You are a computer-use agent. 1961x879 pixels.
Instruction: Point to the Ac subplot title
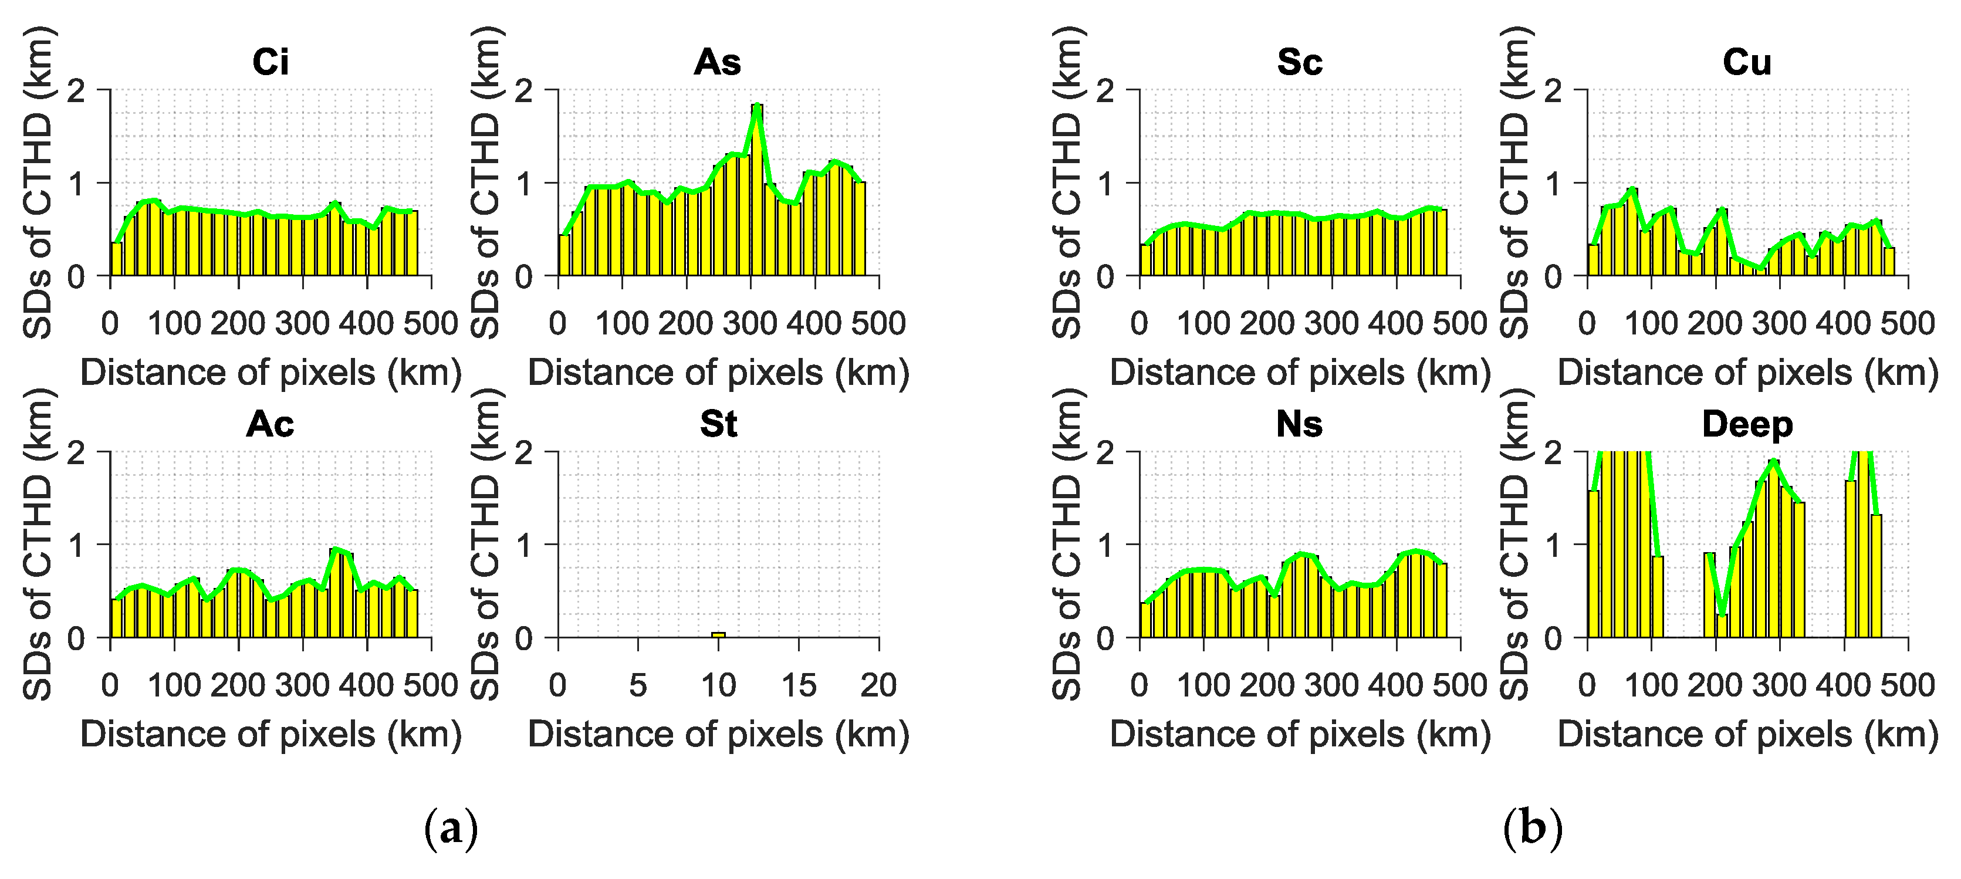[x=271, y=424]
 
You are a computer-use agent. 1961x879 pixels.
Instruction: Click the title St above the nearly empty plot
[x=718, y=424]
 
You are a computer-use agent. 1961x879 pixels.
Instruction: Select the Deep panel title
[x=1747, y=424]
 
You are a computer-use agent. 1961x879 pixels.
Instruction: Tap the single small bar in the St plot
[x=718, y=634]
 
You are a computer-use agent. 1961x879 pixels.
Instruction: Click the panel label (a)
[x=451, y=828]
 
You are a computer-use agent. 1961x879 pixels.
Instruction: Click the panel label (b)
[x=1533, y=828]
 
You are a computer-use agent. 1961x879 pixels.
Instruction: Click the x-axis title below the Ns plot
[x=1300, y=735]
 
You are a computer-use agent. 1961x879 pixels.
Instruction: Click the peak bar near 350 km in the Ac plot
[x=335, y=594]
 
